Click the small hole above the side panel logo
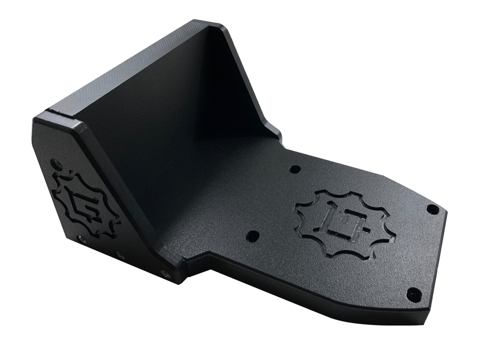(57, 163)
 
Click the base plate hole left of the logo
(252, 236)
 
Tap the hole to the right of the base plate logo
(433, 209)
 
